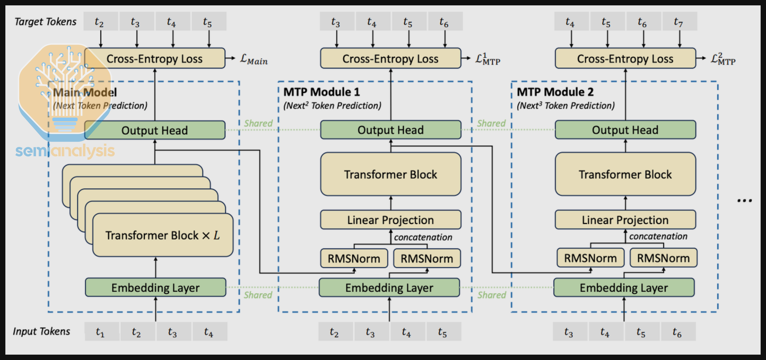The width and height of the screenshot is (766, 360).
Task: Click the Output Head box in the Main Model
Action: tap(155, 130)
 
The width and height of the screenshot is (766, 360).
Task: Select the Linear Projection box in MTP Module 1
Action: tap(390, 220)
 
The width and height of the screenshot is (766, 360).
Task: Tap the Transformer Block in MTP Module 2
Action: tap(625, 174)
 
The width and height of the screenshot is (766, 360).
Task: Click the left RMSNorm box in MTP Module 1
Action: tap(354, 258)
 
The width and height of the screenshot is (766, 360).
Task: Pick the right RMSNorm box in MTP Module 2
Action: tap(663, 258)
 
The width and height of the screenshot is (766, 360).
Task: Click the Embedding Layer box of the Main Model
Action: tap(155, 288)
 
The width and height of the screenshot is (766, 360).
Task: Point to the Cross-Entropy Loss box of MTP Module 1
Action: tap(390, 59)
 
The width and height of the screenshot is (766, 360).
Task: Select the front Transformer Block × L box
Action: tap(163, 235)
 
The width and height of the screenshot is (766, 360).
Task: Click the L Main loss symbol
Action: tap(254, 59)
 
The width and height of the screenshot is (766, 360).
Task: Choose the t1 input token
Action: tap(100, 332)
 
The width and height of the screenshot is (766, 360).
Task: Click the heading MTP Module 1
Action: tap(321, 92)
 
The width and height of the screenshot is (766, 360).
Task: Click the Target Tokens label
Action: tap(45, 22)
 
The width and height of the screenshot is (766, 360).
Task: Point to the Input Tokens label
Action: tap(41, 332)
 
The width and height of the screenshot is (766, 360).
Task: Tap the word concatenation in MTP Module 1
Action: tap(423, 237)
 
